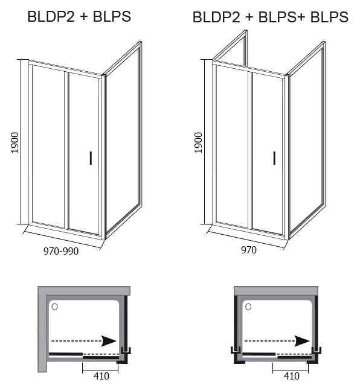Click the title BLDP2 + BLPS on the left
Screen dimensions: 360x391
(x=79, y=17)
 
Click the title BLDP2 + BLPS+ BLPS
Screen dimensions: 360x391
(x=271, y=17)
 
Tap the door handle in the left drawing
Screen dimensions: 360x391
(x=91, y=158)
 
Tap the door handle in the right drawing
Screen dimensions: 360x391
(x=274, y=158)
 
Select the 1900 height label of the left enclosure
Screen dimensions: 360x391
(x=15, y=142)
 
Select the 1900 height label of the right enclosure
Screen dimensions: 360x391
(x=198, y=142)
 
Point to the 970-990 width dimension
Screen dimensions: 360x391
(x=61, y=251)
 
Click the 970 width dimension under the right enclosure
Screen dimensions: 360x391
(x=249, y=250)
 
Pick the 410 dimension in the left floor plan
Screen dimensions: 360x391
(x=101, y=376)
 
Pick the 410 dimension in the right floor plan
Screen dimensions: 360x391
(x=292, y=376)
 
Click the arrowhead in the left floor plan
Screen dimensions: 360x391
(x=109, y=341)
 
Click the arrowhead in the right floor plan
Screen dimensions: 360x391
(x=303, y=341)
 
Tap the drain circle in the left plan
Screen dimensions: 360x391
(x=55, y=307)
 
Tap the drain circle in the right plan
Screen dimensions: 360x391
(x=248, y=307)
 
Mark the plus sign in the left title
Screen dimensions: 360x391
(x=84, y=17)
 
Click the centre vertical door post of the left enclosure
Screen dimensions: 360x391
(x=66, y=150)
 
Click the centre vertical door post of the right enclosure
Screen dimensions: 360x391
(x=250, y=150)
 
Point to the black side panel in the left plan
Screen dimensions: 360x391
(x=126, y=322)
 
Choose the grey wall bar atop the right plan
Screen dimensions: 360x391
(x=276, y=290)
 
